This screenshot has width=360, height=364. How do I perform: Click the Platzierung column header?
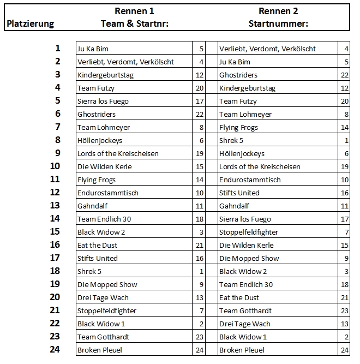30,23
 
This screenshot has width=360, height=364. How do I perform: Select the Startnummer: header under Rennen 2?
278,23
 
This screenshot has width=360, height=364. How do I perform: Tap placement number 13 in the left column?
55,206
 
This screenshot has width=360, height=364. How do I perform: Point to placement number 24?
55,350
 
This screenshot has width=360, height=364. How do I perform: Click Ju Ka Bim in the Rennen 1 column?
93,49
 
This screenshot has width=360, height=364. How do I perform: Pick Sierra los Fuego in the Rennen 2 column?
245,219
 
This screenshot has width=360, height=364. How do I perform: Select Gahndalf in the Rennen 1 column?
94,206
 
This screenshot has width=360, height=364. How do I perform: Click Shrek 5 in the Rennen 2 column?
231,140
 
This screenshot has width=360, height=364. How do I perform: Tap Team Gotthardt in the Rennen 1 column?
104,337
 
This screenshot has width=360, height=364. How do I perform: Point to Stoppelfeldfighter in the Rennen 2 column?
249,232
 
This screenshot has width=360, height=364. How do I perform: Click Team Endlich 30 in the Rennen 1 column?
104,219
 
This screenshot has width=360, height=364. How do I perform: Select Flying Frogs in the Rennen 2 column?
238,127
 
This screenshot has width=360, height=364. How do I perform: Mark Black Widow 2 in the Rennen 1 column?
101,232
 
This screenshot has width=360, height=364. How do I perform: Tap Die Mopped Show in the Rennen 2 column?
249,258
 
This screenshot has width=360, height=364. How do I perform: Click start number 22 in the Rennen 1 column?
199,114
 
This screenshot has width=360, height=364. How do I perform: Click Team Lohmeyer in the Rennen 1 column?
104,127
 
